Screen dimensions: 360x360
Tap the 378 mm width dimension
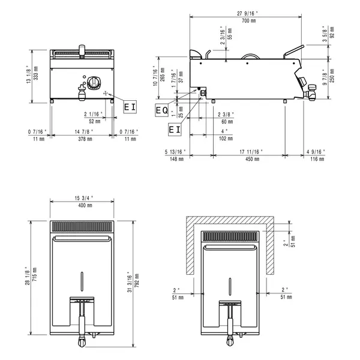click(81, 139)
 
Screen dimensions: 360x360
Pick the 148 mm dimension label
click(176, 160)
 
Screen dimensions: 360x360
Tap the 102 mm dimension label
click(224, 139)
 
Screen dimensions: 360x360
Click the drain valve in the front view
click(82, 91)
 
